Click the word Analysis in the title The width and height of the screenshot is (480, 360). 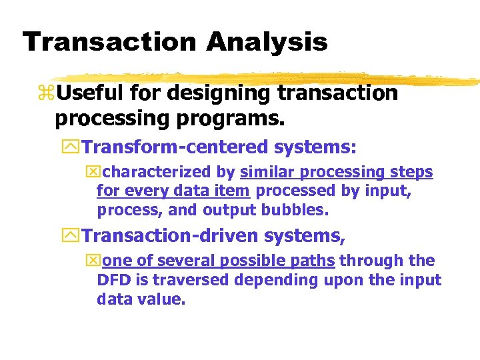(x=267, y=42)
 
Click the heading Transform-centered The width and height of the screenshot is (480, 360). (x=174, y=147)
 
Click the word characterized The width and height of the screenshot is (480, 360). (x=169, y=172)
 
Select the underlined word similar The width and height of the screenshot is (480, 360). (x=268, y=172)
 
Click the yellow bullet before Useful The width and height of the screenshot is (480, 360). (x=48, y=94)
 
